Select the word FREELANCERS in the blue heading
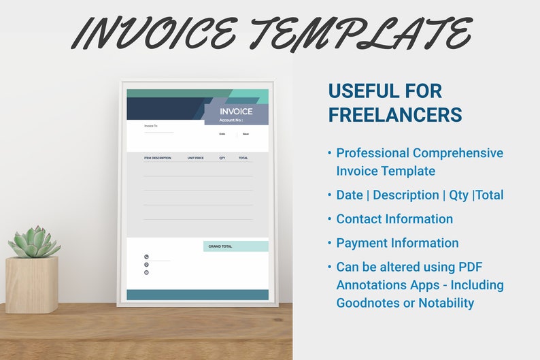(x=395, y=114)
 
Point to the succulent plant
(x=33, y=242)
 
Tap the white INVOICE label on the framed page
(x=236, y=112)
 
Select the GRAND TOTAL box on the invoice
(x=235, y=246)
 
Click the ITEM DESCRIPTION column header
(x=157, y=158)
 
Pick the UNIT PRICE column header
(x=195, y=158)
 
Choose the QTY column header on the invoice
(x=222, y=158)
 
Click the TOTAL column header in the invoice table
(x=243, y=158)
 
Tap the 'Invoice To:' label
(x=150, y=126)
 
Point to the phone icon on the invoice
(x=146, y=257)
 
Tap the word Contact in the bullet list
(x=360, y=219)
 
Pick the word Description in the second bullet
(x=406, y=195)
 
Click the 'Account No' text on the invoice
(x=231, y=120)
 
